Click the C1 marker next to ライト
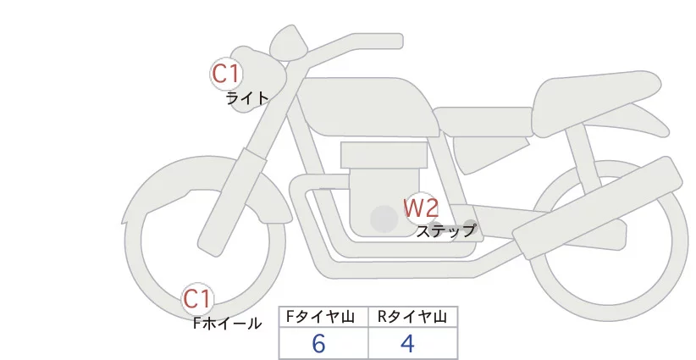coord(226,74)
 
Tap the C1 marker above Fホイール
coord(199,298)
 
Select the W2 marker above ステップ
coord(420,207)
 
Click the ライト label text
coord(247,98)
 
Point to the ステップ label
coord(445,230)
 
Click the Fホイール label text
coord(227,323)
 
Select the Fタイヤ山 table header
coord(323,317)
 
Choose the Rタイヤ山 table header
coord(412,317)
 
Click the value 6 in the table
coord(318,343)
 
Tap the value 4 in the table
coord(406,343)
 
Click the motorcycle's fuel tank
coord(364,106)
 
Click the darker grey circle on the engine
coord(384,219)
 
